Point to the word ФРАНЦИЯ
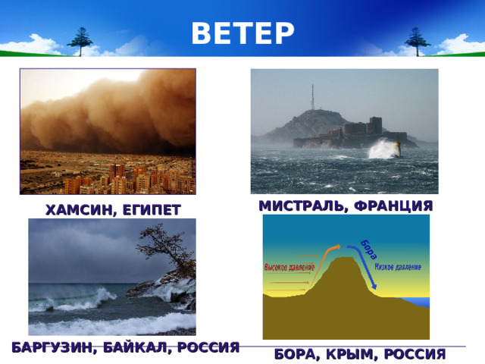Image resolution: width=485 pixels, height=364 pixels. pos(394,206)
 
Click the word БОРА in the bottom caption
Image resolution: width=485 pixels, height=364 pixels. pos(297,354)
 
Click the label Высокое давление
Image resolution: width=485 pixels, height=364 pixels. pos(289,268)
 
